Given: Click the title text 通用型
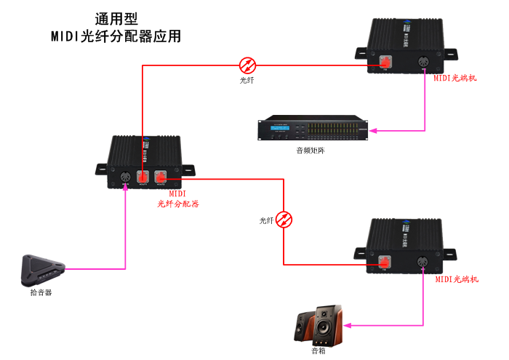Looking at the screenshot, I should click(x=116, y=19).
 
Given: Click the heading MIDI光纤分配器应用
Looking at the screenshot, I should click(x=116, y=36).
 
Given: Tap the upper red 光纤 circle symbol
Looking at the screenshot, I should click(x=247, y=64).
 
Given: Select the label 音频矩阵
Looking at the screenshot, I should click(x=310, y=151).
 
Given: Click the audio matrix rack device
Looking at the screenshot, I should click(x=313, y=129).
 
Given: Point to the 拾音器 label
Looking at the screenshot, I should click(x=41, y=292).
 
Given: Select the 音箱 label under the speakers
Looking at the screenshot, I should click(x=318, y=351).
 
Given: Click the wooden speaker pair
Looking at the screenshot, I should click(x=319, y=326).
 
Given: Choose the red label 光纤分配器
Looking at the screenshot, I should click(x=178, y=204).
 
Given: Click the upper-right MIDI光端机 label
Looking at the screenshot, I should click(x=455, y=78).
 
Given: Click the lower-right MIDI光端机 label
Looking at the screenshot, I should click(x=457, y=279).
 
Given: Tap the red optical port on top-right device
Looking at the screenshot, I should click(x=385, y=63).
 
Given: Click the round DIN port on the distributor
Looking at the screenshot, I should click(x=124, y=176).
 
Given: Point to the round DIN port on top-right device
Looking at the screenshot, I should click(x=423, y=63).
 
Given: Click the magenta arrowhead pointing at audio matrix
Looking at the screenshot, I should click(x=372, y=131).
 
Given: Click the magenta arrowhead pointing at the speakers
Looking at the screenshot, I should click(x=348, y=325).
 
